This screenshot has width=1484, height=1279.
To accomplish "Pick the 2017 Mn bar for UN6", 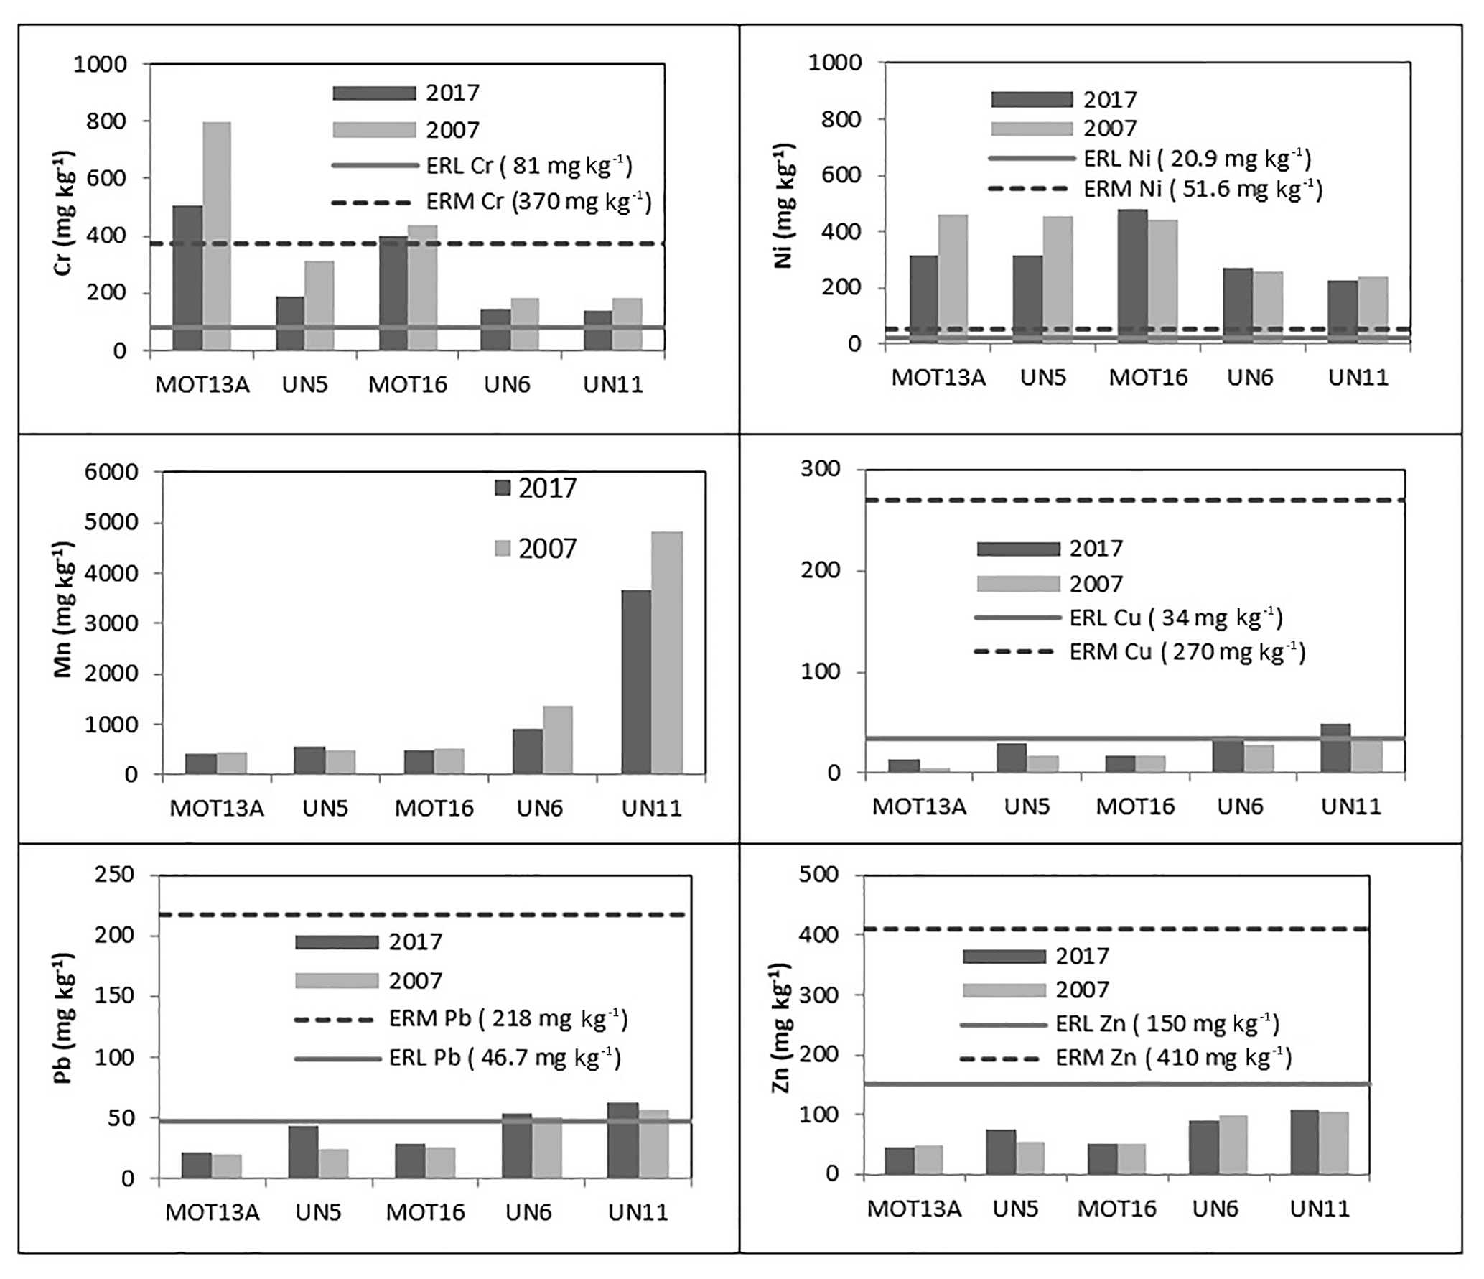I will pyautogui.click(x=527, y=751).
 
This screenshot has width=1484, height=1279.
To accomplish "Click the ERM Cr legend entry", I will pyautogui.click(x=538, y=202).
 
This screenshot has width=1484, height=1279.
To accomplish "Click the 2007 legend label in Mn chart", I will pyautogui.click(x=547, y=549).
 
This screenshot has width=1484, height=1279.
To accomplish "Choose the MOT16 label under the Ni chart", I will pyautogui.click(x=1148, y=377).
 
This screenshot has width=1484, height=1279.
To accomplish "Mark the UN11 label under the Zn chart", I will pyautogui.click(x=1320, y=1209).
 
